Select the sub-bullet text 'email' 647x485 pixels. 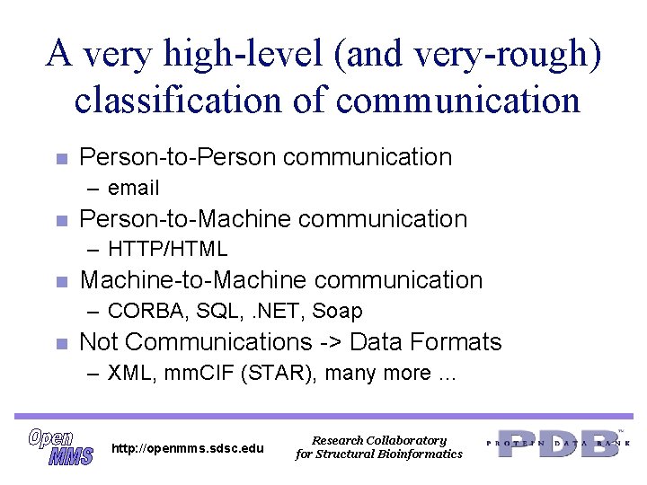[133, 188]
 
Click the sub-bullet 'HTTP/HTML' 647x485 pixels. [167, 249]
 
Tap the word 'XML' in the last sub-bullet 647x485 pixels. [128, 373]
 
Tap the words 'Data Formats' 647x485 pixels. [425, 342]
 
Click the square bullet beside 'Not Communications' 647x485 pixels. [60, 343]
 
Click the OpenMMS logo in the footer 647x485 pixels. [60, 446]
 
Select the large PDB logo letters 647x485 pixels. [558, 443]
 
